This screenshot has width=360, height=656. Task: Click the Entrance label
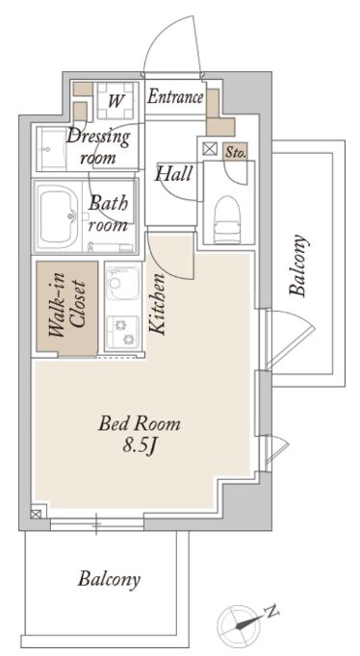(x=175, y=97)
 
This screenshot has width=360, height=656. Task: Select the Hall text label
(x=173, y=173)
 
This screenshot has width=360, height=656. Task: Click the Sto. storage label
(x=236, y=152)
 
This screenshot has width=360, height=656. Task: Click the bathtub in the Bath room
(x=59, y=216)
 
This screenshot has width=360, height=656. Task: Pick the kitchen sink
(x=122, y=284)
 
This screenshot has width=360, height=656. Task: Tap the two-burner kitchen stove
(x=122, y=330)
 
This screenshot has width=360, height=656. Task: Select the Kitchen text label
(x=157, y=304)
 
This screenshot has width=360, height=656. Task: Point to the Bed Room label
(x=140, y=424)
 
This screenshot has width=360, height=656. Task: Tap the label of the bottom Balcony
(x=109, y=580)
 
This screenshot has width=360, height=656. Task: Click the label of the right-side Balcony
(x=299, y=266)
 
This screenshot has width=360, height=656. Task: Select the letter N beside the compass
(x=272, y=611)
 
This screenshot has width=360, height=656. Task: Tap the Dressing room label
(x=99, y=146)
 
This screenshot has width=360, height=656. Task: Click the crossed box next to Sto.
(x=209, y=149)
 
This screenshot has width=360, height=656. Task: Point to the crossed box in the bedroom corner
(x=36, y=515)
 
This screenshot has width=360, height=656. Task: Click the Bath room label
(x=108, y=214)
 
